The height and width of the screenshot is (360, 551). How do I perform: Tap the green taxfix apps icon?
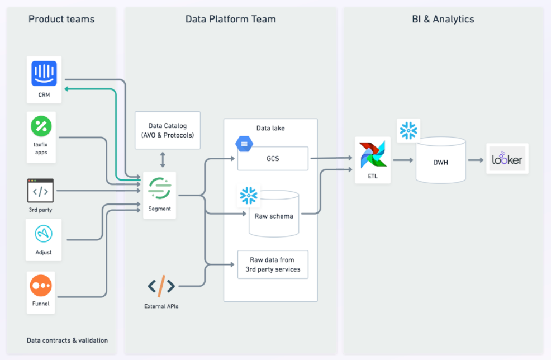pos(41,126)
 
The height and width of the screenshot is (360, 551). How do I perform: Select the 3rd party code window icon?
pos(41,191)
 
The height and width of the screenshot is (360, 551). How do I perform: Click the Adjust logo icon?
pos(44,234)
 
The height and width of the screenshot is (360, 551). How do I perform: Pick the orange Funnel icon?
pos(41,286)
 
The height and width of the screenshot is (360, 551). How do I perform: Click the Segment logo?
pos(160,188)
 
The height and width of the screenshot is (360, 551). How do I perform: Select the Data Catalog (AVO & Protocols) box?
pos(167,130)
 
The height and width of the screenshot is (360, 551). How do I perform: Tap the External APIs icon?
pos(161,287)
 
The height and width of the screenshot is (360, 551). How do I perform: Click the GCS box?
pos(273,159)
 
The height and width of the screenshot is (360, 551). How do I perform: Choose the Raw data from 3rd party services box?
pos(273,265)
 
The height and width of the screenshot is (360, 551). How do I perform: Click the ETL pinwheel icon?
pos(373,155)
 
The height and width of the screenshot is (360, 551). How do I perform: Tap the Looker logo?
pos(507,159)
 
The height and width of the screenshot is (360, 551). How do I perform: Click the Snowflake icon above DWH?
pos(408,130)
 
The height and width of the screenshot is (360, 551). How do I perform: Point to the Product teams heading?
pos(61,19)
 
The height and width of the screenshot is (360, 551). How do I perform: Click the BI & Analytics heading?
pos(443,19)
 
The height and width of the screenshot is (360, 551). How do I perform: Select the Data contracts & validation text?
pos(67,340)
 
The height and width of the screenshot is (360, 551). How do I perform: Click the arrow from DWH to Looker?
pos(476,160)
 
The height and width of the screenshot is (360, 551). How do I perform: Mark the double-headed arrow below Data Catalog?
pos(163,160)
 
